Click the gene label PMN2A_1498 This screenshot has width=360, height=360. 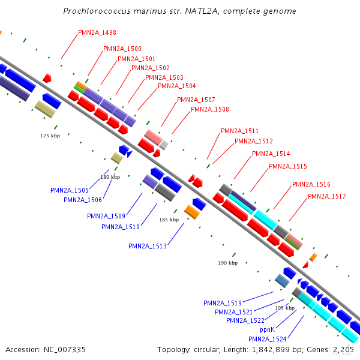(x=97, y=32)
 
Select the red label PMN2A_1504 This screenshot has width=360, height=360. (x=176, y=86)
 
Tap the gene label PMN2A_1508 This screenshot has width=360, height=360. (x=209, y=109)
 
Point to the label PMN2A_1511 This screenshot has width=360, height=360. (x=239, y=131)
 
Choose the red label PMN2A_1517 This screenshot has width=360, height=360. (x=326, y=196)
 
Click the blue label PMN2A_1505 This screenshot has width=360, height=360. (x=70, y=190)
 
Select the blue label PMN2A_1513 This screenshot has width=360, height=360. (x=147, y=246)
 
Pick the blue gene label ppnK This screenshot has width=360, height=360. (x=267, y=329)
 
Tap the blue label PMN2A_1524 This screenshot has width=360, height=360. (x=267, y=339)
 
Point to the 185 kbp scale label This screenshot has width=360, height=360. (x=169, y=220)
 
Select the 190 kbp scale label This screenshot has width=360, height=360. (x=228, y=263)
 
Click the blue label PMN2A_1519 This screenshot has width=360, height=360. (x=222, y=303)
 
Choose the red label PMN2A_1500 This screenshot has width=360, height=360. (x=122, y=49)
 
